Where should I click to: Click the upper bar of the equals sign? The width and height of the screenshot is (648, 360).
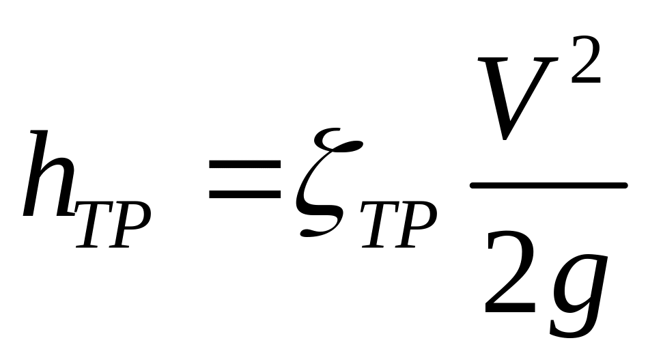tap(245, 165)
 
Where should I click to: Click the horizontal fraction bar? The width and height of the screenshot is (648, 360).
tap(548, 185)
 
